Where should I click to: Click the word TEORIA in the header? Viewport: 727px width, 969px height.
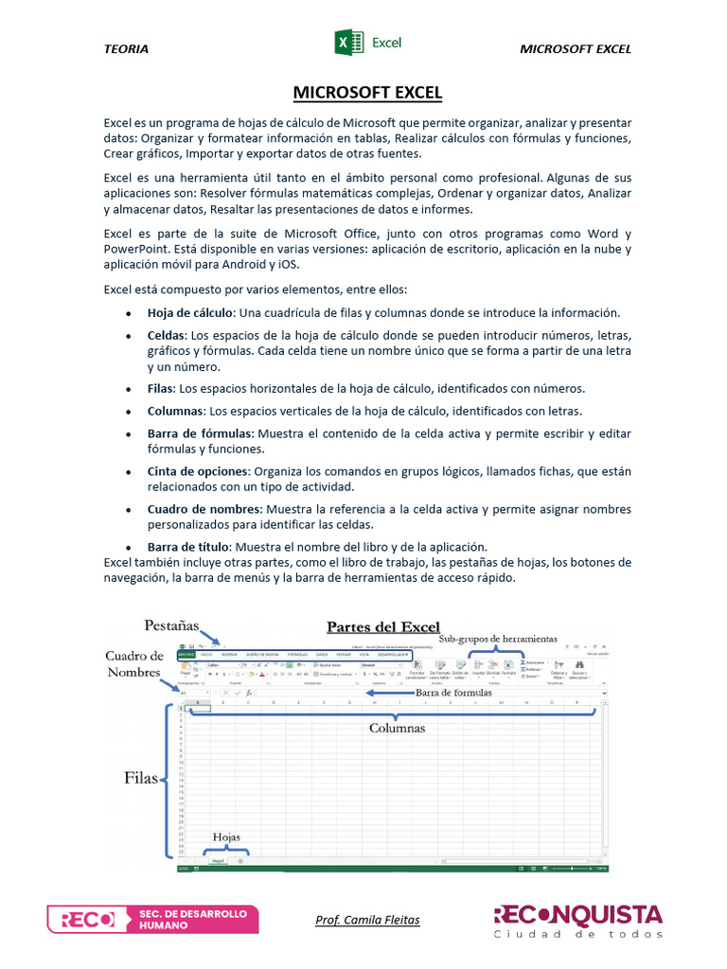[x=126, y=49]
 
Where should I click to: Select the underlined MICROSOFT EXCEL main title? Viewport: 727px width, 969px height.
[x=367, y=93]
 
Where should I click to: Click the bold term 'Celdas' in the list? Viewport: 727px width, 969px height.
[x=167, y=336]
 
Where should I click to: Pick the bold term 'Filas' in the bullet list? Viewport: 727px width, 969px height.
[x=160, y=389]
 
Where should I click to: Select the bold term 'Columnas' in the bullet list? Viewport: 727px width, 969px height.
[x=175, y=412]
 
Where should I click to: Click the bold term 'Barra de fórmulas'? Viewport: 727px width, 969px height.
[x=200, y=433]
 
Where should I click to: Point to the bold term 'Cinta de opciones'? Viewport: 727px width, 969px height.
[x=198, y=471]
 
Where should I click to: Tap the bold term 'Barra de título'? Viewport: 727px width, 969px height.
[x=187, y=547]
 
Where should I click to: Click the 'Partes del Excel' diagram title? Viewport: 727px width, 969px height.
[x=383, y=626]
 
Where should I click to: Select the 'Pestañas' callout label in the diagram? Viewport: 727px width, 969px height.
[x=171, y=625]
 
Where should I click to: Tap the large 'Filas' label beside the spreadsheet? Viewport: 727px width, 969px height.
[x=141, y=778]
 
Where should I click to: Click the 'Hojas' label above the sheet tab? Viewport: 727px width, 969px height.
[x=226, y=837]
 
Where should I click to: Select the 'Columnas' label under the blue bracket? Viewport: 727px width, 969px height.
[x=397, y=729]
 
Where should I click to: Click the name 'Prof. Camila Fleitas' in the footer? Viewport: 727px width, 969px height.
[x=367, y=920]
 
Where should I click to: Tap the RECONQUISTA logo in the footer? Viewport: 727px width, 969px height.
[x=577, y=920]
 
